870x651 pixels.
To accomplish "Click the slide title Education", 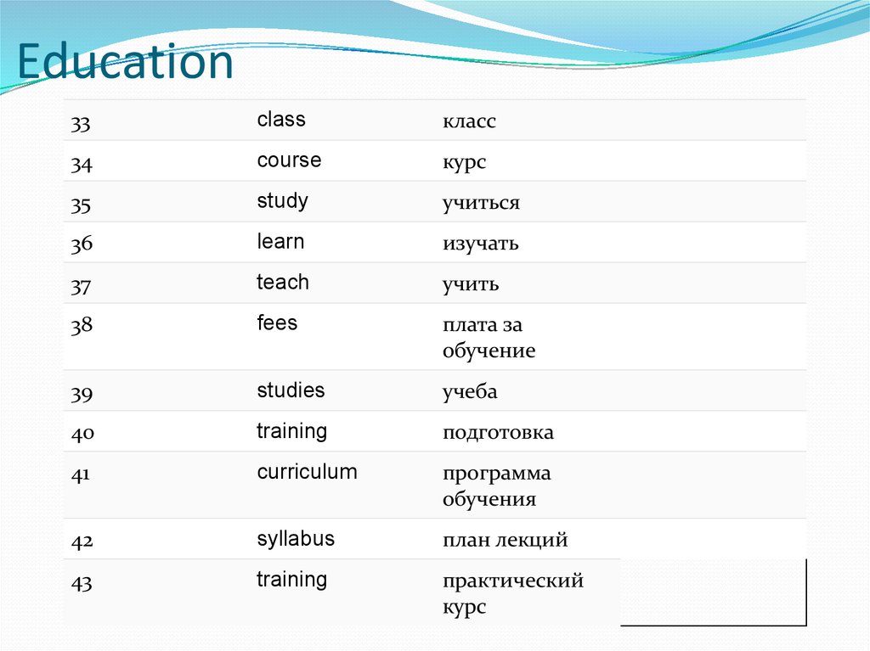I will [x=125, y=63].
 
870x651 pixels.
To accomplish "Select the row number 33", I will [x=81, y=124].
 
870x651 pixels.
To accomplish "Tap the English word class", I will [x=281, y=120].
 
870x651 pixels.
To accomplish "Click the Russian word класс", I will [x=469, y=122].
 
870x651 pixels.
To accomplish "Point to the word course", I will [x=289, y=160].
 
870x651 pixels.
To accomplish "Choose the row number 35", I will [x=81, y=205].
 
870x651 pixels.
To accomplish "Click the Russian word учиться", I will [x=481, y=204].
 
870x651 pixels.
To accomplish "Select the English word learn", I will [x=280, y=242].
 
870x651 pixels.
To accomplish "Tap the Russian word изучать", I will [x=480, y=244].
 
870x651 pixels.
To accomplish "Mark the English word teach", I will [x=283, y=283].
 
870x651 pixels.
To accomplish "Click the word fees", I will [x=277, y=323].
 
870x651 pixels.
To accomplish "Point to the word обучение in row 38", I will [x=489, y=351].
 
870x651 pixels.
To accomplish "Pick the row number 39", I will [x=81, y=394].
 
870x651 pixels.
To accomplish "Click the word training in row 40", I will [x=291, y=431].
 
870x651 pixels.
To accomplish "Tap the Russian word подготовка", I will [x=498, y=433].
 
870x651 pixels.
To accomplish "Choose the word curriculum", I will [x=307, y=472].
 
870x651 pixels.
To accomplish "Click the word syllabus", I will [x=296, y=539].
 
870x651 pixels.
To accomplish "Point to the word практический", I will [x=512, y=582].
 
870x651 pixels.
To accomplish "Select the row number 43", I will [x=81, y=583].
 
